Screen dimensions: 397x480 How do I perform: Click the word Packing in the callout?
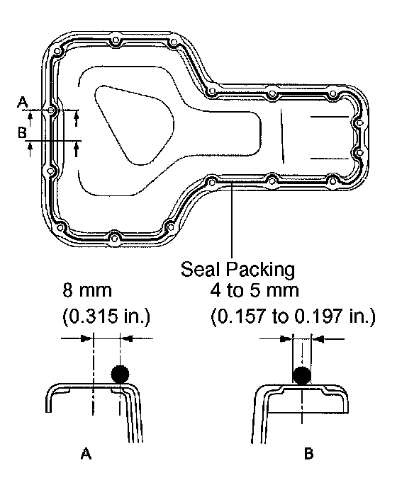point(260,270)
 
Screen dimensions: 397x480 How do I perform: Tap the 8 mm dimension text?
point(87,290)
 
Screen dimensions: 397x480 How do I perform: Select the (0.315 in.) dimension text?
point(106,316)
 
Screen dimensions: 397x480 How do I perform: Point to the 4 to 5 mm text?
point(255,290)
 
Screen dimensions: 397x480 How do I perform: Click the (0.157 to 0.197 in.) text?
point(293,316)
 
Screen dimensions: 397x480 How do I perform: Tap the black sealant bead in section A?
point(120,374)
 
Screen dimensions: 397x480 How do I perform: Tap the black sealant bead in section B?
point(302,376)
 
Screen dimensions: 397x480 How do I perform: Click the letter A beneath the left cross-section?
point(86,454)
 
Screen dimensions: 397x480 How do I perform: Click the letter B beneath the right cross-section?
point(308,454)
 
